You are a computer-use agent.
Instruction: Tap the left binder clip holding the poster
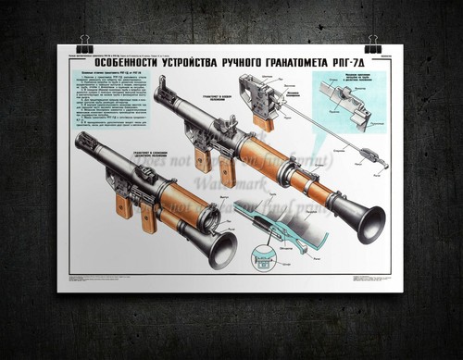point(85,43)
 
